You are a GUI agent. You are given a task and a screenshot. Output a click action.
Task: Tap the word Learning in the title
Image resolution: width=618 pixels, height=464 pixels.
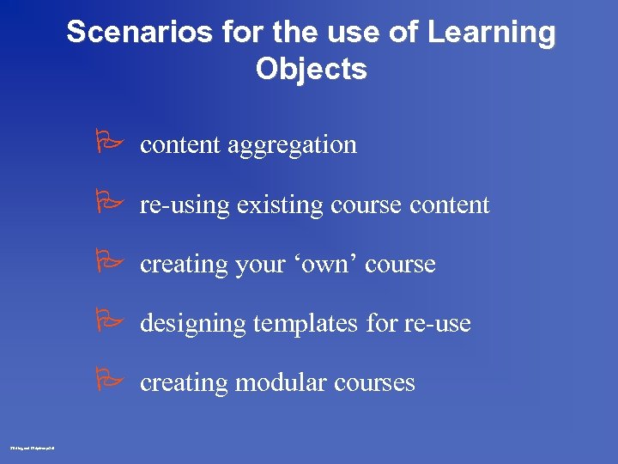click(x=492, y=33)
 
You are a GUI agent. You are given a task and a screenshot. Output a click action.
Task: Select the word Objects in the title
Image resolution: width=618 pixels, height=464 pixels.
click(x=311, y=69)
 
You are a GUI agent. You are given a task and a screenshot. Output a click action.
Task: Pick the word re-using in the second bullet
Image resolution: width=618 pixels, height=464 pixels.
click(x=185, y=205)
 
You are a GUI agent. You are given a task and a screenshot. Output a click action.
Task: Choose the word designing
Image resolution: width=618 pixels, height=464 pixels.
click(x=193, y=324)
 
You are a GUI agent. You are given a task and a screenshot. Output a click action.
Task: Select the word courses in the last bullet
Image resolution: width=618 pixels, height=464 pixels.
click(x=373, y=383)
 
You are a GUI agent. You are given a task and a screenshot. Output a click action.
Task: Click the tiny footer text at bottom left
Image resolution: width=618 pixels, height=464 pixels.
click(x=32, y=447)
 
